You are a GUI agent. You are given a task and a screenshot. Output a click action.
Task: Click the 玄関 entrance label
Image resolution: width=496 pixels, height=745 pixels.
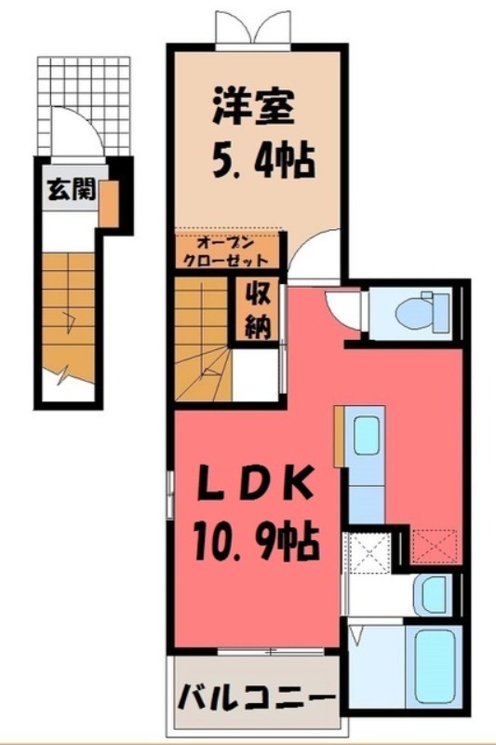pos(69,193)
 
